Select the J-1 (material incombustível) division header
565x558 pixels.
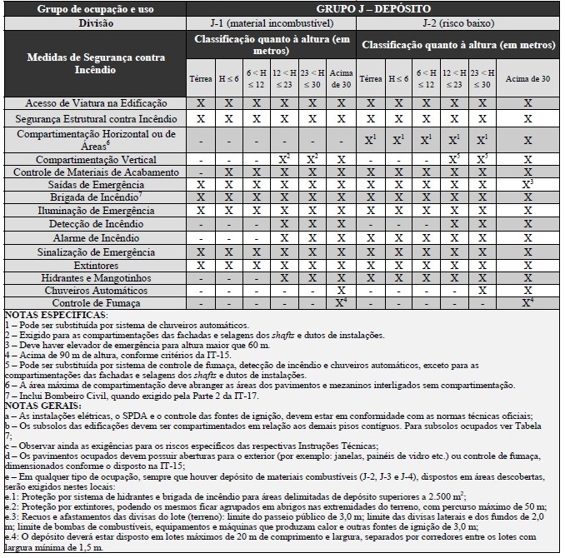click(273, 23)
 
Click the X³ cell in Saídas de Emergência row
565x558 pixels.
click(527, 184)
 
